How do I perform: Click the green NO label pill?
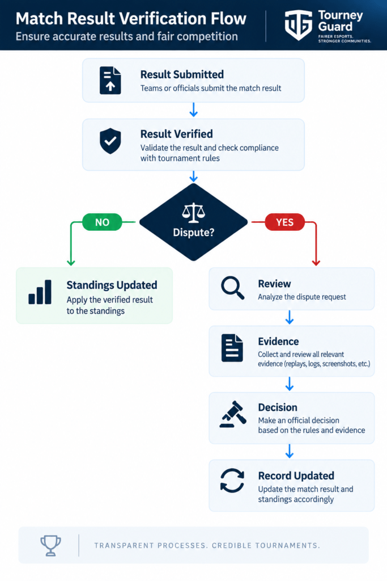[x=102, y=222]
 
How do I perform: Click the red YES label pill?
[x=284, y=222]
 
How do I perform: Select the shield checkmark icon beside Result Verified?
[x=110, y=141]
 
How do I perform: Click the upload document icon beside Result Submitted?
[x=110, y=81]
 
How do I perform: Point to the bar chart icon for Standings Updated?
[x=40, y=292]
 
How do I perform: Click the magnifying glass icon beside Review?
[x=232, y=288]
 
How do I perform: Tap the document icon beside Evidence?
[x=232, y=348]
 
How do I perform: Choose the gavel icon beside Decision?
[x=233, y=414]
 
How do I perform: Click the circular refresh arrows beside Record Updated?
[x=232, y=481]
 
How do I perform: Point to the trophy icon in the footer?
[x=50, y=545]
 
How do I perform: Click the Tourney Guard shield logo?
[x=298, y=25]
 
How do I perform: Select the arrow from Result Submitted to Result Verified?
[x=194, y=110]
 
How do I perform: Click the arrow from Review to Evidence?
[x=290, y=318]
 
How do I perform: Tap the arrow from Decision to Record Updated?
[x=290, y=451]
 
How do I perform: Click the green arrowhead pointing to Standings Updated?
[x=71, y=263]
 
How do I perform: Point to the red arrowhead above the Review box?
[x=316, y=263]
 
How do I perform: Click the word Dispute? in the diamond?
[x=194, y=232]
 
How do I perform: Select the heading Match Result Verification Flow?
[x=131, y=19]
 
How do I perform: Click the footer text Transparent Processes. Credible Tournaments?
[x=207, y=545]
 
